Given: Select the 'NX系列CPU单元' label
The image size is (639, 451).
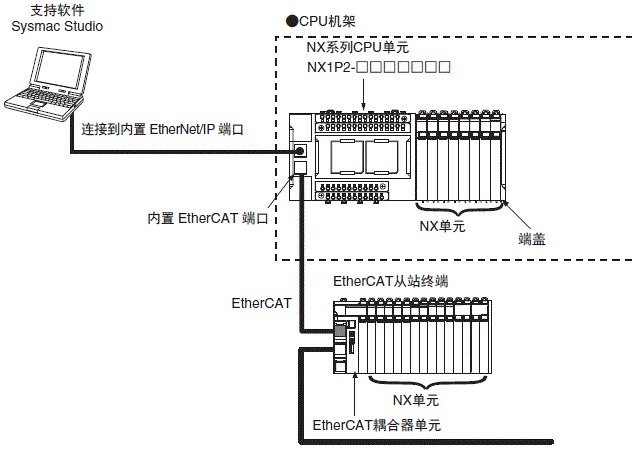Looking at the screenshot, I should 357,48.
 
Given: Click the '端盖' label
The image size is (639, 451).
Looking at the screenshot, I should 532,237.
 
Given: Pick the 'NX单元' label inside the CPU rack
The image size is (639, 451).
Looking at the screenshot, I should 442,227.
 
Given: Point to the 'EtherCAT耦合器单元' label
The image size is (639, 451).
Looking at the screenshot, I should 377,425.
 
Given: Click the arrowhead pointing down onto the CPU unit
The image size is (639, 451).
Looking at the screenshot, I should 364,103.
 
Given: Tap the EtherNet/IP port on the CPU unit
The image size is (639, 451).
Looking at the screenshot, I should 300,152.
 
